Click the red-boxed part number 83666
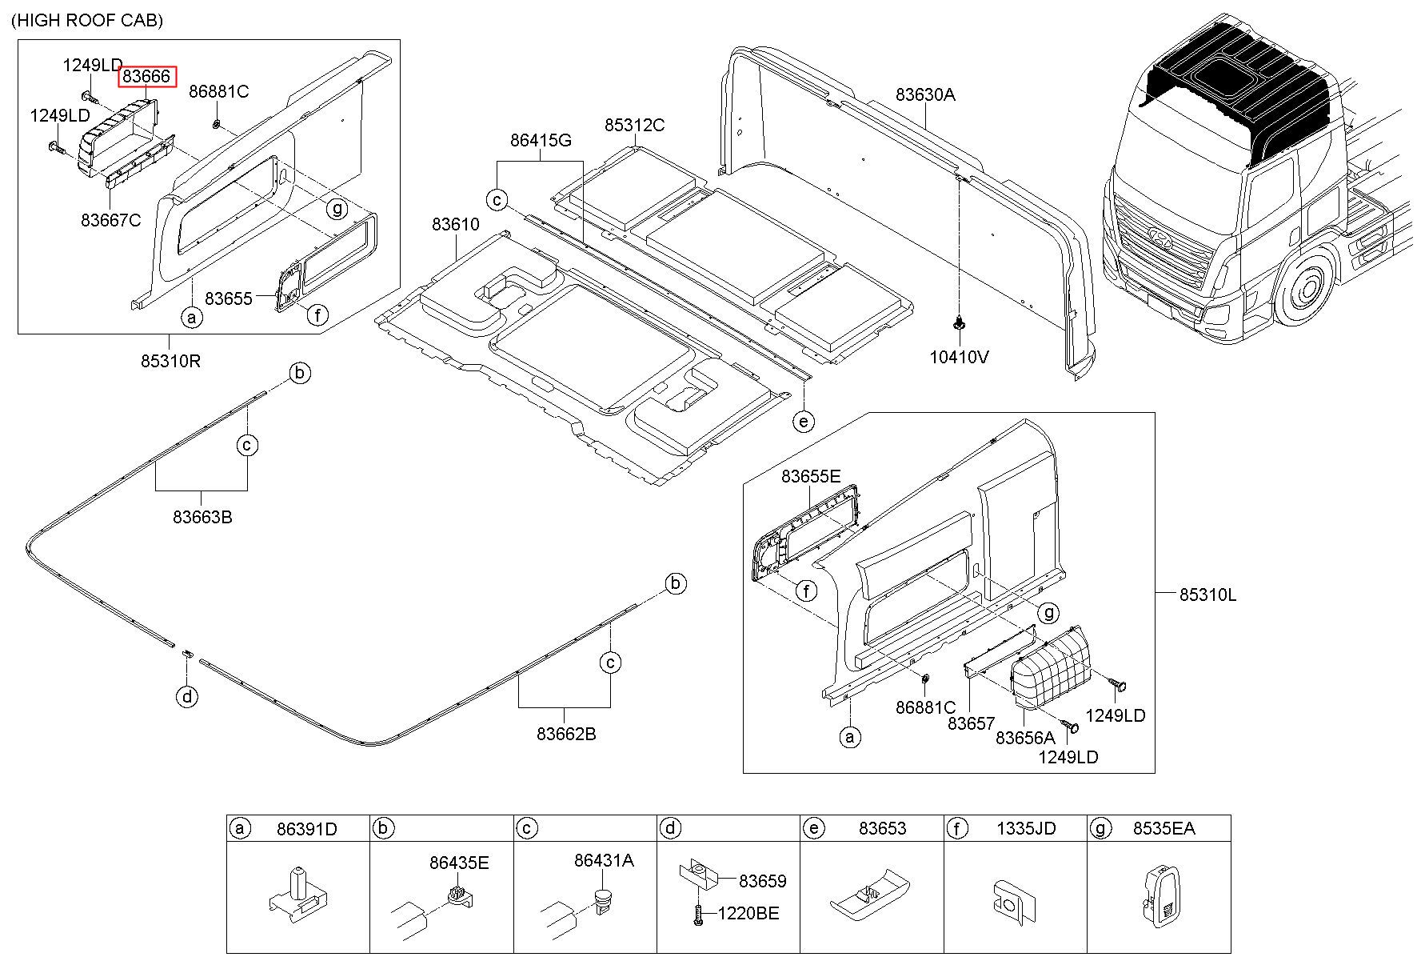tap(146, 77)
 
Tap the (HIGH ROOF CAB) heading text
tap(87, 20)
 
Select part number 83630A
tap(924, 94)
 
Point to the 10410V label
tap(959, 357)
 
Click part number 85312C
tap(634, 126)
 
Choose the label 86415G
tap(541, 141)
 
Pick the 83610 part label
tap(456, 225)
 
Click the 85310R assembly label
tap(170, 361)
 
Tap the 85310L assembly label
tap(1207, 595)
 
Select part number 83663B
tap(202, 517)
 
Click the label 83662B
tap(565, 734)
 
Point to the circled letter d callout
tap(186, 698)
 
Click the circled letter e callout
tap(804, 421)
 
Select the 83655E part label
tap(811, 477)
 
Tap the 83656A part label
tap(1025, 738)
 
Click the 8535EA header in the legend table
tap(1164, 829)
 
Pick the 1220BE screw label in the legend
tap(748, 914)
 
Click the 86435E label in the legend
tap(459, 863)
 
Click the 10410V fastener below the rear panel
tap(958, 324)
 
